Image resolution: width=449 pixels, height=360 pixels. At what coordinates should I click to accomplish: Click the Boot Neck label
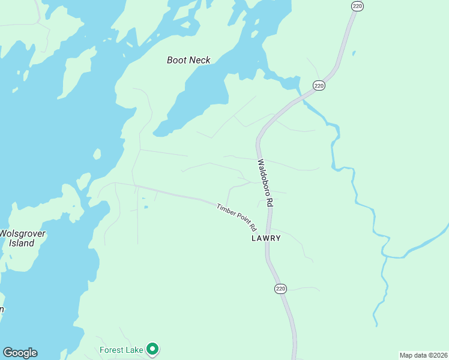[188, 60]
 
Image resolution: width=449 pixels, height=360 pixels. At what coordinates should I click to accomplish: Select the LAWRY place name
[266, 238]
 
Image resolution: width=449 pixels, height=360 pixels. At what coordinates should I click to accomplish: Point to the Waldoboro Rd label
[265, 183]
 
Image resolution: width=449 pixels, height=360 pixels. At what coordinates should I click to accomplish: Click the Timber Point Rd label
[237, 217]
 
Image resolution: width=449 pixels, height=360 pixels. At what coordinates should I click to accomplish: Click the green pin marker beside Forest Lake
[153, 348]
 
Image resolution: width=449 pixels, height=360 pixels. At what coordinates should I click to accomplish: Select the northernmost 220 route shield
[357, 6]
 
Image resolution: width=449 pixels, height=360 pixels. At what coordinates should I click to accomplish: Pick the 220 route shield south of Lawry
[281, 289]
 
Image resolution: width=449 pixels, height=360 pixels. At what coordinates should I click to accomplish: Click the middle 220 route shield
[319, 86]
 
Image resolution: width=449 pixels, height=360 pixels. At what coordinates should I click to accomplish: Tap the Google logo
[20, 353]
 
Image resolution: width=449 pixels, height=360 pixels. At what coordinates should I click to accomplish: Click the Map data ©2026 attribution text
[424, 355]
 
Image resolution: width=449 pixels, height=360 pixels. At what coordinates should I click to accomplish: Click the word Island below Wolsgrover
[22, 243]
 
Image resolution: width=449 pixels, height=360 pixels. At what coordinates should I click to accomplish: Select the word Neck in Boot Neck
[200, 60]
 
